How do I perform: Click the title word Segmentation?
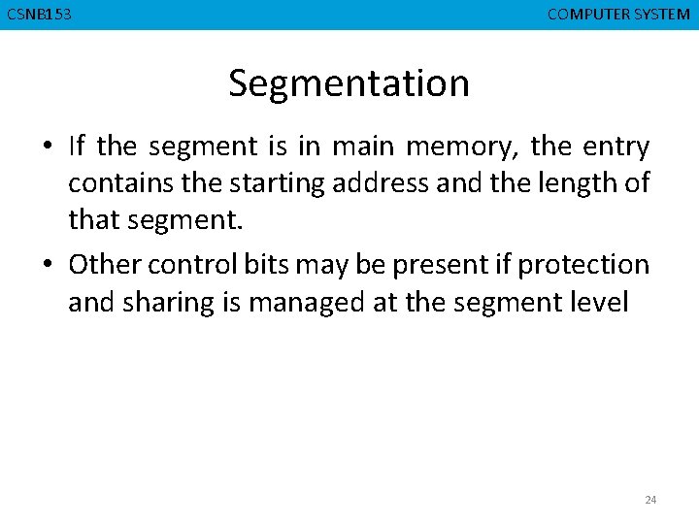point(349,84)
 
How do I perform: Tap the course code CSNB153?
point(39,15)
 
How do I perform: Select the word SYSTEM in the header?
point(663,15)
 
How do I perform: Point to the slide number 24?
point(650,500)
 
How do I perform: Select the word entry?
point(616,147)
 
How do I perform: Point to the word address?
point(382,184)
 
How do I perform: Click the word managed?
point(307,304)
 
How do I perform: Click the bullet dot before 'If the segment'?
point(47,147)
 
